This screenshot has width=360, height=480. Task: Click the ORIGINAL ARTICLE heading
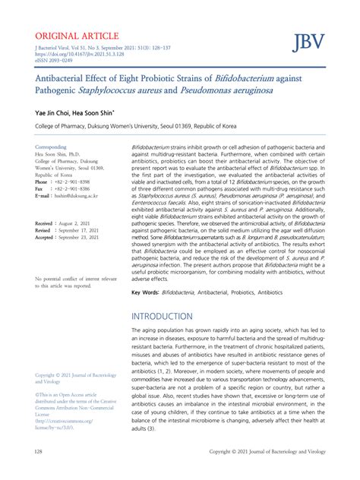(76, 36)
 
